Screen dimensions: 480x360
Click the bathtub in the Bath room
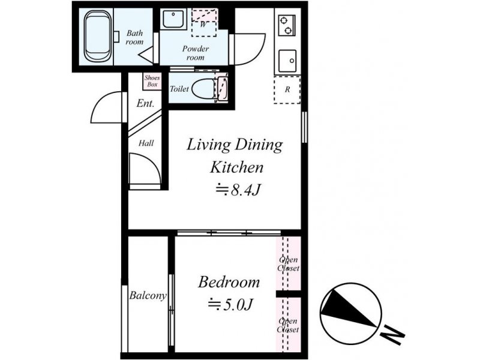97,36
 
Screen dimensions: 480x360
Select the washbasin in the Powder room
173,19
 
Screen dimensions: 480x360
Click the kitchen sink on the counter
287,61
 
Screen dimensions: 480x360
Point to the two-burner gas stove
287,25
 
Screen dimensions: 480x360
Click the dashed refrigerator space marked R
287,89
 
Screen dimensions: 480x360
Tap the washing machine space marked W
204,23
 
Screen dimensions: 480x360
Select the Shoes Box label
152,81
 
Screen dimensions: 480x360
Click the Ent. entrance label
145,103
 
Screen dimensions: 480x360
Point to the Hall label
146,143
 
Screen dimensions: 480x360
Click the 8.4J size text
238,190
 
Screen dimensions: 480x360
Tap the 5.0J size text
230,304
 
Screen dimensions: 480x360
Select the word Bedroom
229,282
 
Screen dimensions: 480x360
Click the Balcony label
148,295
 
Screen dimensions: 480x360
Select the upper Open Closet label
289,264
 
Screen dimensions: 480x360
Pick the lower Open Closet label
288,325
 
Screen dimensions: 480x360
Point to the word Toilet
179,89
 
